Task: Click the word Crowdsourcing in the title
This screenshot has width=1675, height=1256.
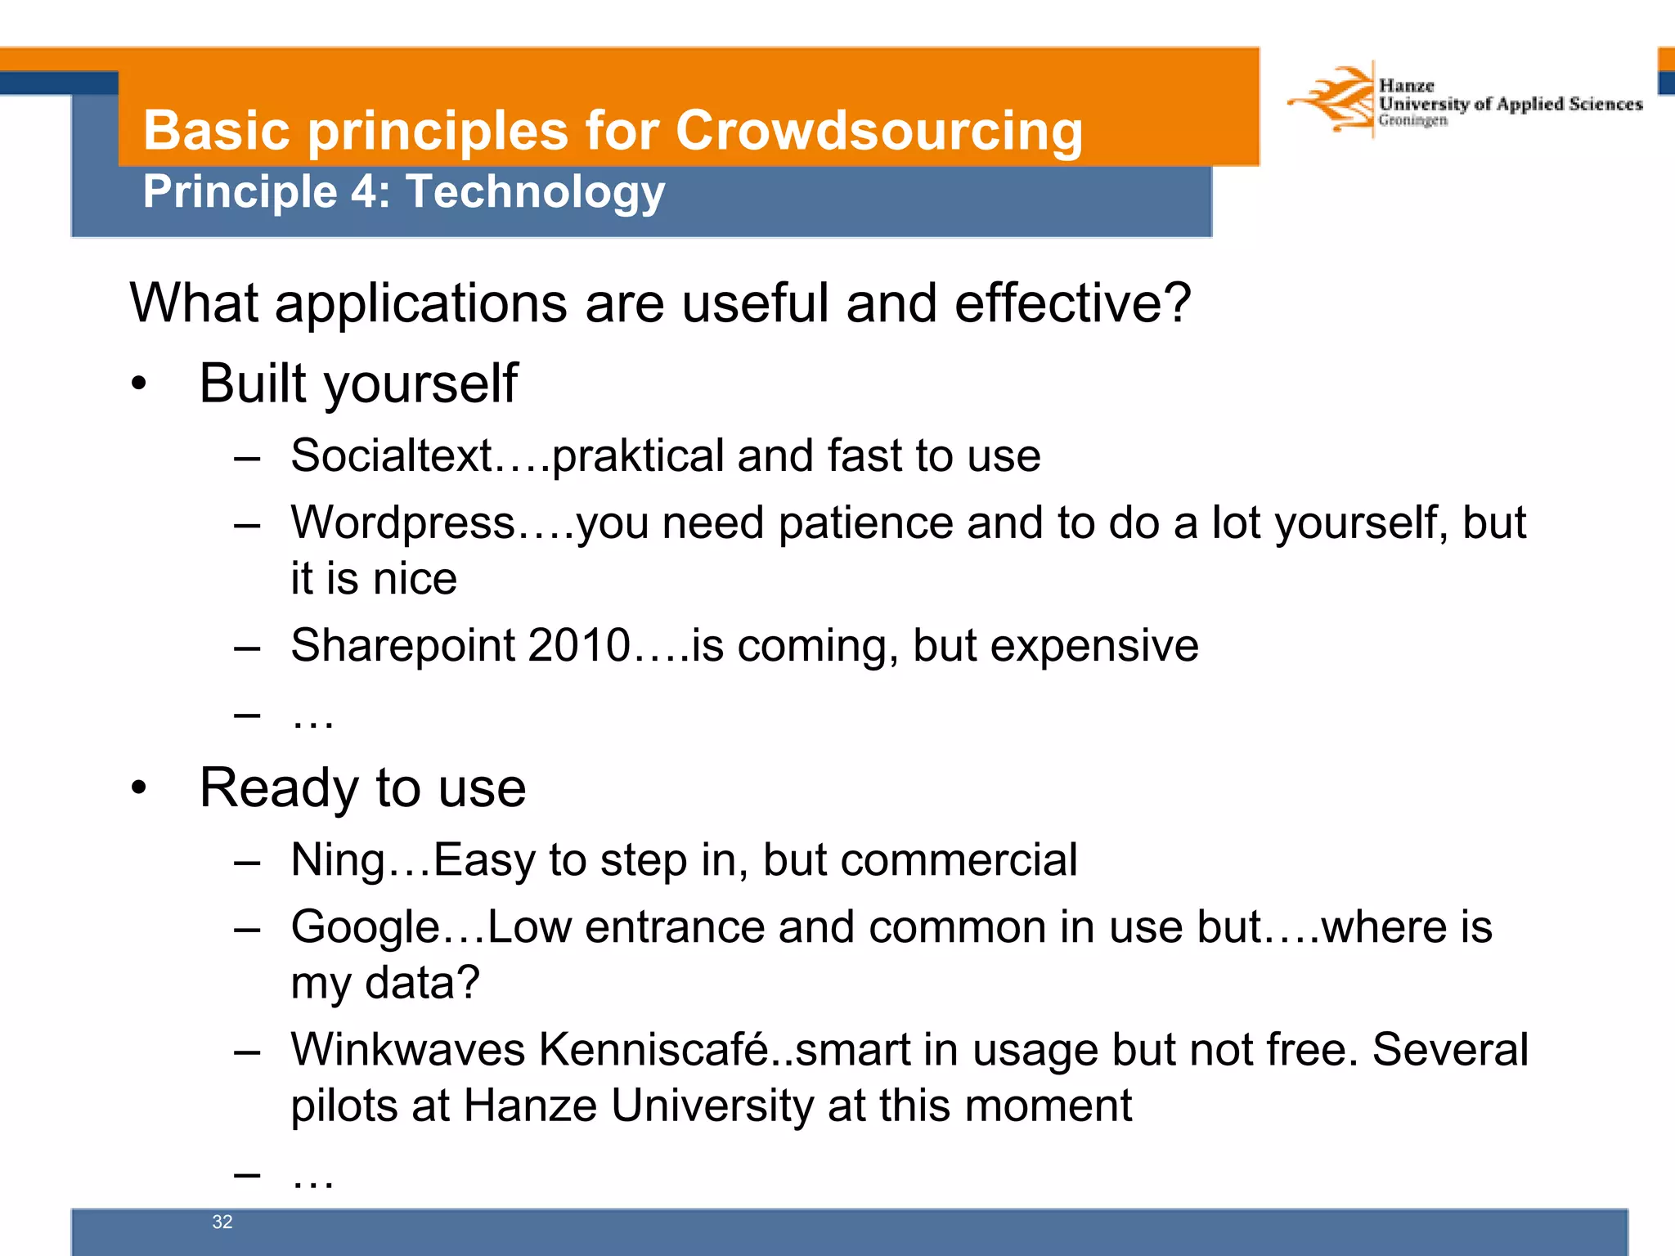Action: [x=878, y=131]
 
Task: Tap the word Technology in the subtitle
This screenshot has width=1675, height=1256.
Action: [x=536, y=192]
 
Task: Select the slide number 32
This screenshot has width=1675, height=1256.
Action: [x=222, y=1222]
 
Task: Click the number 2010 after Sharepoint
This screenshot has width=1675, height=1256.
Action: [x=579, y=645]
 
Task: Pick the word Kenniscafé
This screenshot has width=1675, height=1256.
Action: [x=654, y=1050]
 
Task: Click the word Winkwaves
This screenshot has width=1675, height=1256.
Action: [x=407, y=1050]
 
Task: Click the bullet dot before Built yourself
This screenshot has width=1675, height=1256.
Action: [x=139, y=384]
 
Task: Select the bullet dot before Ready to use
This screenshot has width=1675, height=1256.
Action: [x=139, y=787]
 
